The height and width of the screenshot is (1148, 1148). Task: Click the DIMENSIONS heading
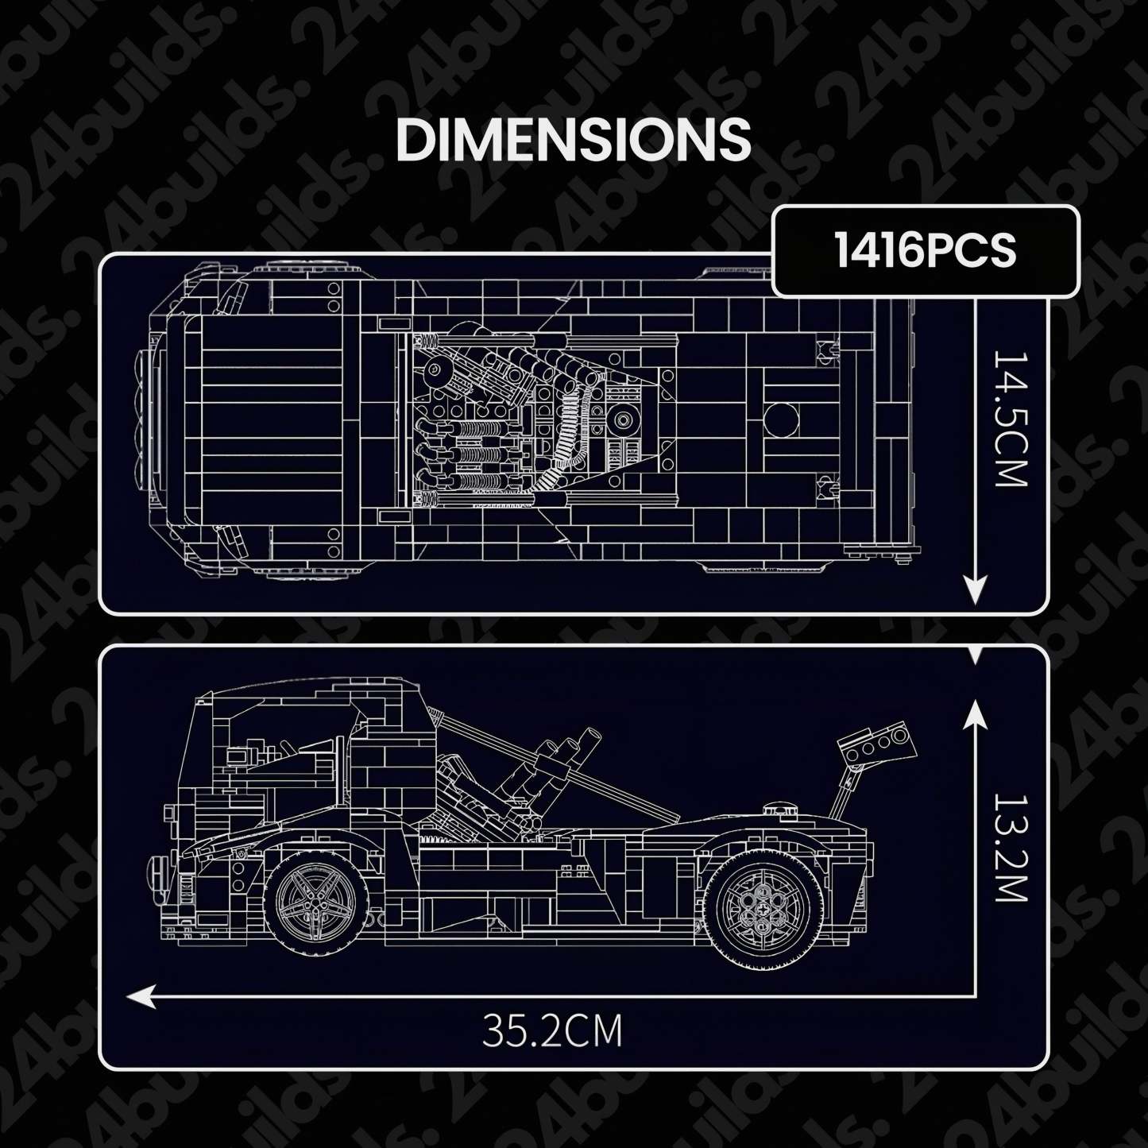[573, 140]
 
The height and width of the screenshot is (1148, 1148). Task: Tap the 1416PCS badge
[925, 251]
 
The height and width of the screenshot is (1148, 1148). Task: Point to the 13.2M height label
[1011, 848]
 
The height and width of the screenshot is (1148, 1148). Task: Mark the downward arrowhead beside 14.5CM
[975, 591]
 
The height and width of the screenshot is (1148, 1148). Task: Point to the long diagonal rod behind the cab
[556, 767]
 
